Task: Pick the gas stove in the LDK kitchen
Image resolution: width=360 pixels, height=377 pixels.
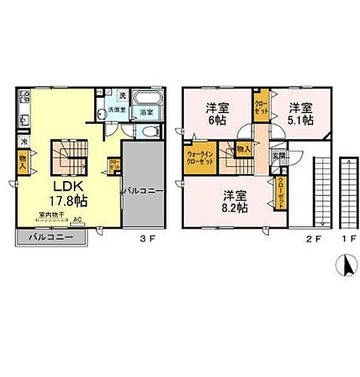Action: click(24, 97)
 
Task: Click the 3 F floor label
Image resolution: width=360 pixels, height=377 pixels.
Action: click(144, 241)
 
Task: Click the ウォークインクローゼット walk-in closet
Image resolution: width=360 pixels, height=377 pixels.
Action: click(201, 159)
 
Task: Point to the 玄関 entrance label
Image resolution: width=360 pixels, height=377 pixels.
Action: click(279, 157)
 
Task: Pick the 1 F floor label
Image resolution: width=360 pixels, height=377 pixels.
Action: click(349, 242)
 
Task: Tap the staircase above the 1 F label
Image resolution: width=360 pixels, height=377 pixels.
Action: click(349, 192)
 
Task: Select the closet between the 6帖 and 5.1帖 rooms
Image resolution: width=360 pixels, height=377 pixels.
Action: click(260, 106)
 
